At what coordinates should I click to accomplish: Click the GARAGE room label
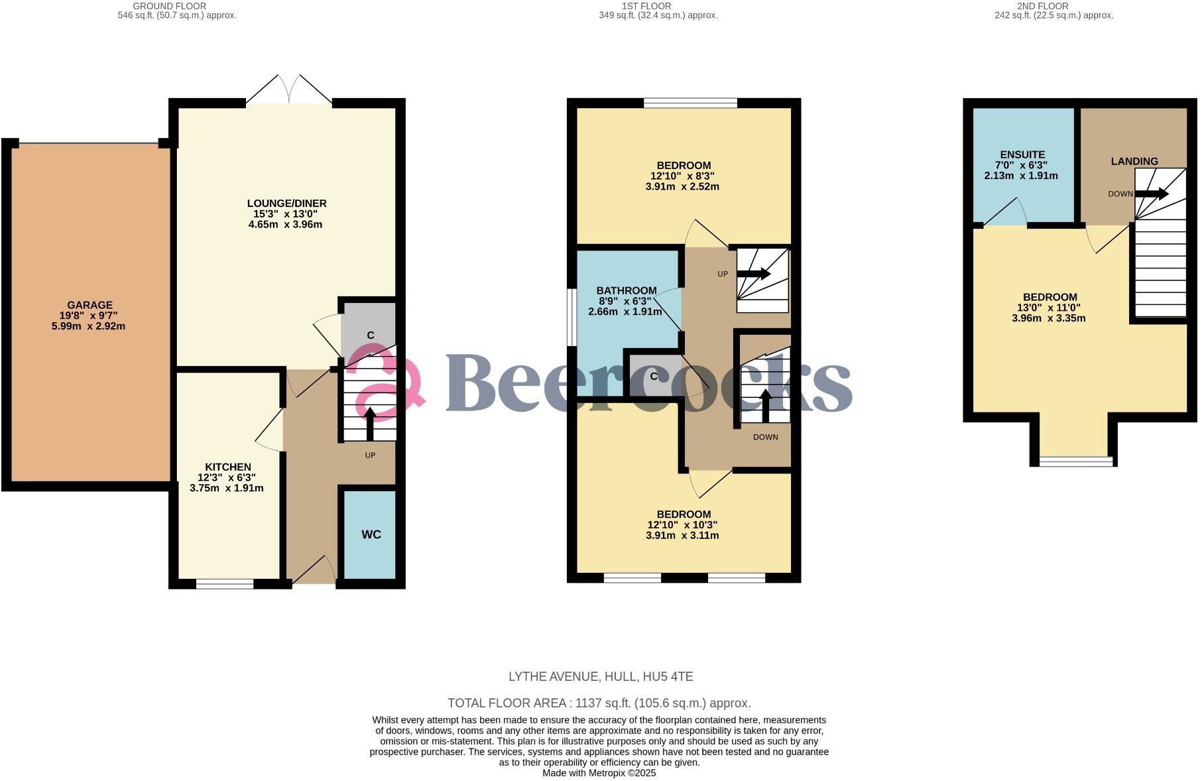coord(90,305)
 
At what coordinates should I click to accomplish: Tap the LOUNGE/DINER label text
coord(286,203)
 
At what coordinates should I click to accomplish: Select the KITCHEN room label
coord(227,467)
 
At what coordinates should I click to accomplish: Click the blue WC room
coord(370,534)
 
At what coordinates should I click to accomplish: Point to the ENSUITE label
coord(1022,154)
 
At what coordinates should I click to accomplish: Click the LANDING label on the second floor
coord(1134,161)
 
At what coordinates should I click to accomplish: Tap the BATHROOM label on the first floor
coord(626,290)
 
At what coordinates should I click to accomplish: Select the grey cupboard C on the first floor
coord(653,377)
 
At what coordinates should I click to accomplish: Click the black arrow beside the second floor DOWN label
coord(1152,194)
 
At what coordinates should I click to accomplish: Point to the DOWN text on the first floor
coord(765,437)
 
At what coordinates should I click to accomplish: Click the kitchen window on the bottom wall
coord(225,583)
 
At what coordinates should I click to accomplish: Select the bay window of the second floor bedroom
coord(1075,460)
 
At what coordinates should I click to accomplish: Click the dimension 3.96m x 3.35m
coord(1048,318)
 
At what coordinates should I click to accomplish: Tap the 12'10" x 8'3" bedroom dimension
coord(682,176)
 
